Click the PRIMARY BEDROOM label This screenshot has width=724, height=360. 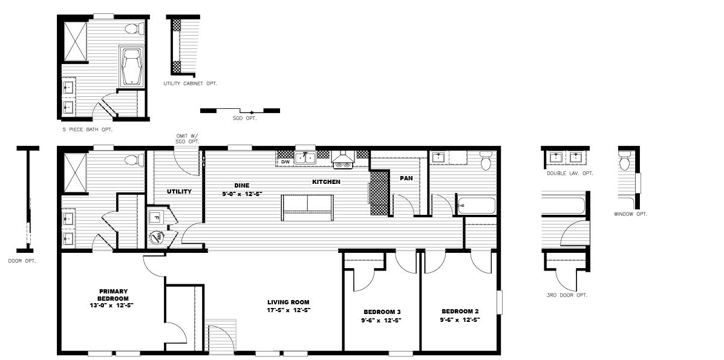point(113,295)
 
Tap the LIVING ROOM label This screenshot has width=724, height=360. point(288,303)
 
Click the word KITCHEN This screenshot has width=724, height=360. point(327,182)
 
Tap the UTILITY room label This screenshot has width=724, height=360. point(179,191)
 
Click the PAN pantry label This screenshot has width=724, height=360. point(406,178)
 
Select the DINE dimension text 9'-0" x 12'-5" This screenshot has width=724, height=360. point(242,194)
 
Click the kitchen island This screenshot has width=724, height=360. point(307,208)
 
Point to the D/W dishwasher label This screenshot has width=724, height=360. point(284,162)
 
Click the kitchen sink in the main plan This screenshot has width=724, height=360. point(305,158)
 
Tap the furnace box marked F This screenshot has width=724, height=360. point(156,217)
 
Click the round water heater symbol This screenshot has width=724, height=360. point(155,238)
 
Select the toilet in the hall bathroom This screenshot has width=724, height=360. point(486,160)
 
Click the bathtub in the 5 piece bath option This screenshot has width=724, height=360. point(132,67)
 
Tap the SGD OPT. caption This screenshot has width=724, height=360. point(245,119)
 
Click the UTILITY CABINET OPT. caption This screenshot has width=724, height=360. point(190,83)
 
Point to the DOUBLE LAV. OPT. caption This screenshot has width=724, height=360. point(570,173)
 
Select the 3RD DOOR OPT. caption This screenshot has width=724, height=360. point(567,295)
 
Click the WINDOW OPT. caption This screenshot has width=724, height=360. point(630,214)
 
